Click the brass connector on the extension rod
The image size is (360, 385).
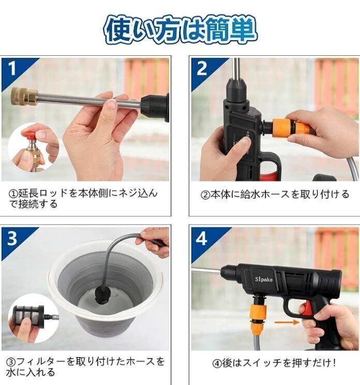click(24, 97)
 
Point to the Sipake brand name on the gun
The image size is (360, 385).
click(263, 279)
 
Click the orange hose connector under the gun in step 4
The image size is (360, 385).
click(258, 316)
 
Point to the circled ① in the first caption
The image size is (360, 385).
click(13, 194)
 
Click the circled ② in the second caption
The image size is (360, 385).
click(205, 195)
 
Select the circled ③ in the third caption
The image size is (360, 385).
click(10, 362)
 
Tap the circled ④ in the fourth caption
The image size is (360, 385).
click(217, 363)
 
